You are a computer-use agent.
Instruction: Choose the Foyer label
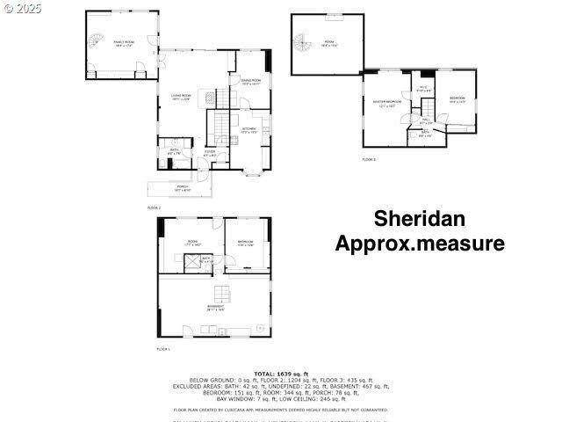(211, 154)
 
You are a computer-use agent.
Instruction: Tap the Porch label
(183, 187)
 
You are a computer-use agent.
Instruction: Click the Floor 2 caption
(154, 207)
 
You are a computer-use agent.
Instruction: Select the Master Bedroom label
(386, 103)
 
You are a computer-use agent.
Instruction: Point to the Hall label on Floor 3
(425, 120)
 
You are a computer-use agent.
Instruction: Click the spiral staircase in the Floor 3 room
(304, 43)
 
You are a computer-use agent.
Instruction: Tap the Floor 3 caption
(369, 160)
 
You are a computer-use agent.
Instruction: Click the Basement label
(215, 308)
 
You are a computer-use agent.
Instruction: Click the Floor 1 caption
(163, 349)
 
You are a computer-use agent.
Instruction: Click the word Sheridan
(420, 218)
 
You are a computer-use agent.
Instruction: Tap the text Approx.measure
(420, 244)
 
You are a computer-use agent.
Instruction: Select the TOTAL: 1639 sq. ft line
(281, 374)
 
